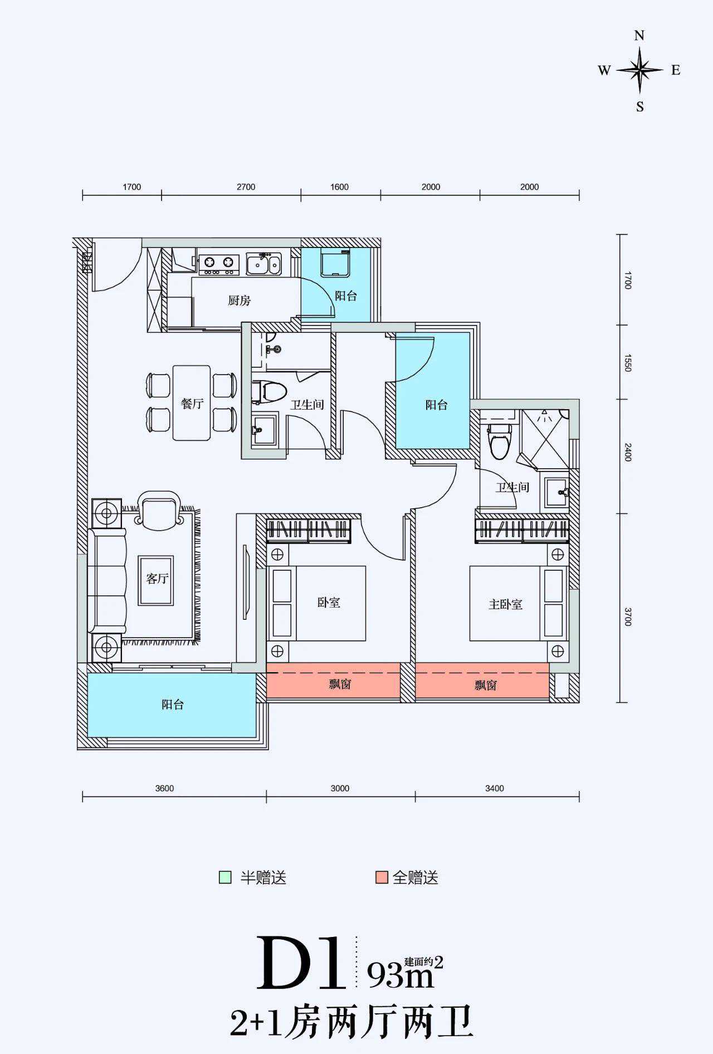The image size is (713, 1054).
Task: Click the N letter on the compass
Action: [x=639, y=36]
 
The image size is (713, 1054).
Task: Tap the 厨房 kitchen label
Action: [x=239, y=301]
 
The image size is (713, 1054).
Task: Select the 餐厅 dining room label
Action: [x=192, y=404]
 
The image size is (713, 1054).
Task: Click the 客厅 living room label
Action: [x=157, y=579]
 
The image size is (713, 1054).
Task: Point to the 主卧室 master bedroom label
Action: [x=505, y=604]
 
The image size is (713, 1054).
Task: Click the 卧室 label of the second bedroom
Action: [x=329, y=603]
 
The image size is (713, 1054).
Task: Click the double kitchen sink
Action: [x=263, y=264]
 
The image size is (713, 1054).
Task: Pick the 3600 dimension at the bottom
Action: [x=164, y=788]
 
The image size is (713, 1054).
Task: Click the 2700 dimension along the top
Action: [x=246, y=187]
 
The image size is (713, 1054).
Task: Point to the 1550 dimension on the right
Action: [x=628, y=363]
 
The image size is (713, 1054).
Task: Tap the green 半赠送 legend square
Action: [x=225, y=877]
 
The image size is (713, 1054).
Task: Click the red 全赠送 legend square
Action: [x=382, y=877]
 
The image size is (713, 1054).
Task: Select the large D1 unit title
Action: [x=301, y=963]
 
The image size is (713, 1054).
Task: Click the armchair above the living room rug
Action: [x=160, y=511]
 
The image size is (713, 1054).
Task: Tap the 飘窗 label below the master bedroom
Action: [x=485, y=685]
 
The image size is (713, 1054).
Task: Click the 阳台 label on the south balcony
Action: [x=173, y=705]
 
